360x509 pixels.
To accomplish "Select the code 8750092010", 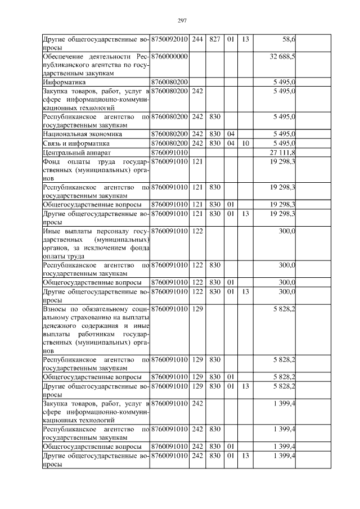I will point(169,39).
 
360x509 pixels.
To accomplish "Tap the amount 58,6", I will point(288,39).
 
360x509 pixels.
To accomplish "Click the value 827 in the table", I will point(214,39).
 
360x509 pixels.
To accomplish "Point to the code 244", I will point(197,39).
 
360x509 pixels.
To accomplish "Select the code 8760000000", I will point(169,57).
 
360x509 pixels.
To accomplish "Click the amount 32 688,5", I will point(283,57).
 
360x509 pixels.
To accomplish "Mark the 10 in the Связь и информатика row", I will point(246,143).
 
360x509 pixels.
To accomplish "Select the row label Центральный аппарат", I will point(73,152).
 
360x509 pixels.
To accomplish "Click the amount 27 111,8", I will point(283,152).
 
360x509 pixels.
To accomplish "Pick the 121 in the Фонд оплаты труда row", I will point(197,161).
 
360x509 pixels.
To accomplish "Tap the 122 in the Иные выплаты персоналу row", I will point(197,231).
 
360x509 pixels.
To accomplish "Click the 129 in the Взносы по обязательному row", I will point(197,308).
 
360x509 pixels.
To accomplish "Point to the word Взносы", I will point(55,308).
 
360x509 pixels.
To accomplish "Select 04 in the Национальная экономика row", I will point(229,134).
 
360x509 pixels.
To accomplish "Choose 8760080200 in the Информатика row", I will point(169,82).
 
